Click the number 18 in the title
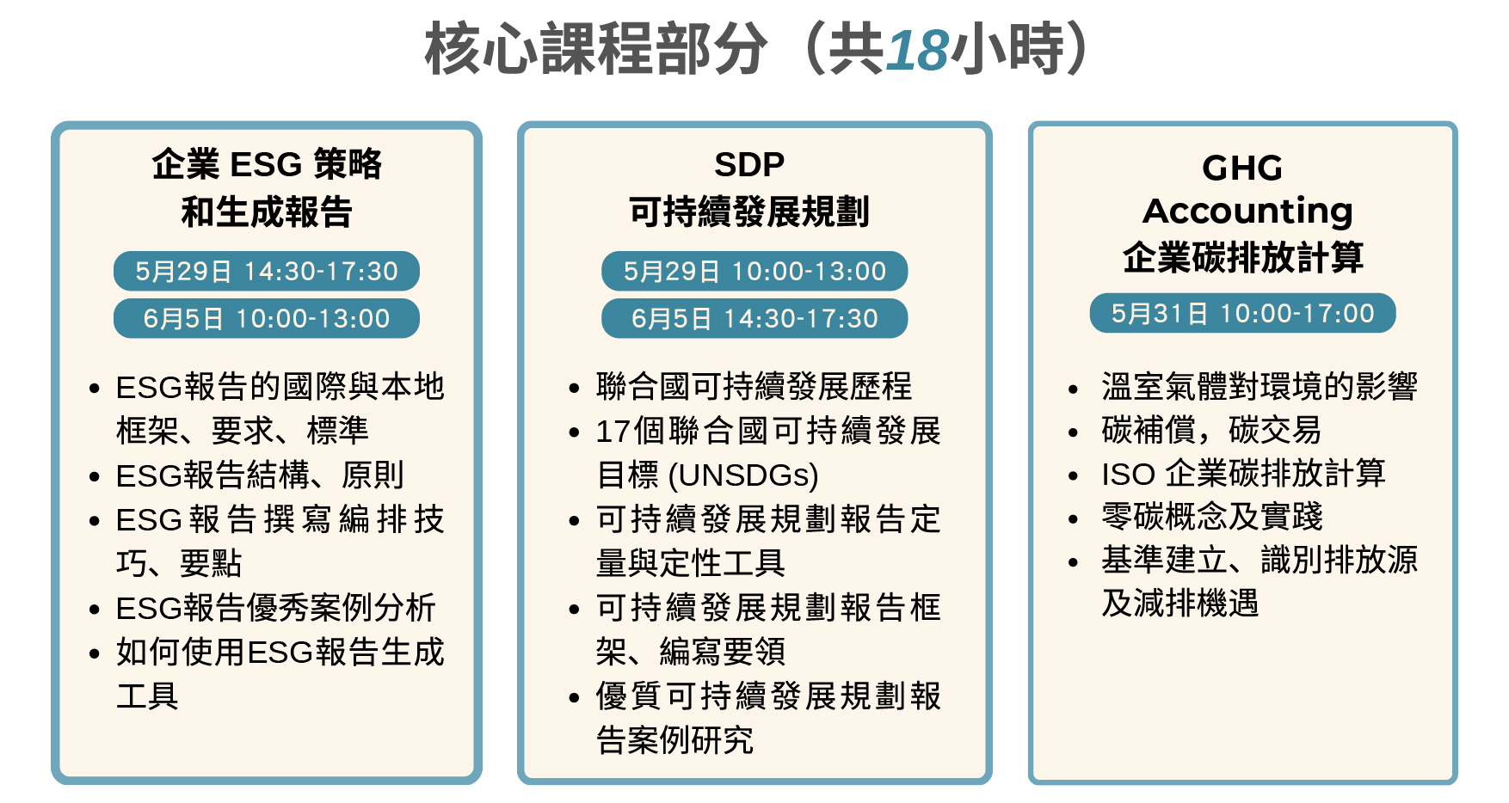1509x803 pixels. click(917, 50)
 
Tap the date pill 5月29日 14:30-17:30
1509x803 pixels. click(267, 271)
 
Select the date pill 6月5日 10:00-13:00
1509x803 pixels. click(267, 318)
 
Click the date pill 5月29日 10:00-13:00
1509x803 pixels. click(754, 271)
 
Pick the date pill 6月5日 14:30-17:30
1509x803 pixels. click(754, 318)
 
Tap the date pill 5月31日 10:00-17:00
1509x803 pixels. click(1242, 313)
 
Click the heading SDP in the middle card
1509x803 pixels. click(749, 163)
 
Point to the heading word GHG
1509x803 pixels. click(1242, 168)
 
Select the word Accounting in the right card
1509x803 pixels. click(1247, 211)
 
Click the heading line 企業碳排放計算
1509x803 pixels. click(1243, 257)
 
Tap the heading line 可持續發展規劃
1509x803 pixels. click(749, 211)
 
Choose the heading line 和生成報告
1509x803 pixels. click(267, 211)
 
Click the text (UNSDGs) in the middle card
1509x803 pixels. click(743, 475)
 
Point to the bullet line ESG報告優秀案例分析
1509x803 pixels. click(276, 608)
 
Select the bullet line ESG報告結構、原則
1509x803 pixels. click(260, 475)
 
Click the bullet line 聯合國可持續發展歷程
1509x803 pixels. click(754, 386)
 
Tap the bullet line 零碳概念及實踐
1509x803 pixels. click(1212, 516)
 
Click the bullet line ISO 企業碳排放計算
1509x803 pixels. click(1244, 473)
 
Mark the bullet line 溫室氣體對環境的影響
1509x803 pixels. click(1260, 386)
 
